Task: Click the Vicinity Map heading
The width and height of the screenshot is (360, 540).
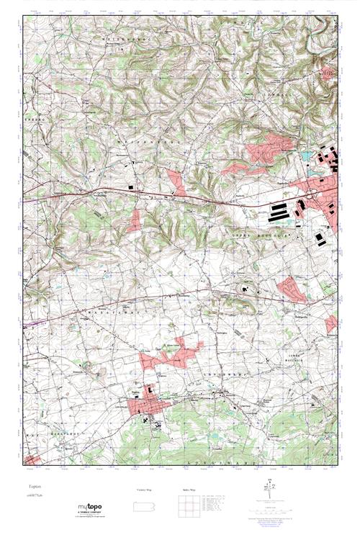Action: click(x=143, y=489)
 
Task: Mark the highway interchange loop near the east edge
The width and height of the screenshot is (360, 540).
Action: click(x=311, y=192)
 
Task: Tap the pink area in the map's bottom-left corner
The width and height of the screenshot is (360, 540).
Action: click(x=33, y=459)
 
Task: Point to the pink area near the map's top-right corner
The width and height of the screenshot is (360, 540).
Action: click(x=328, y=72)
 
